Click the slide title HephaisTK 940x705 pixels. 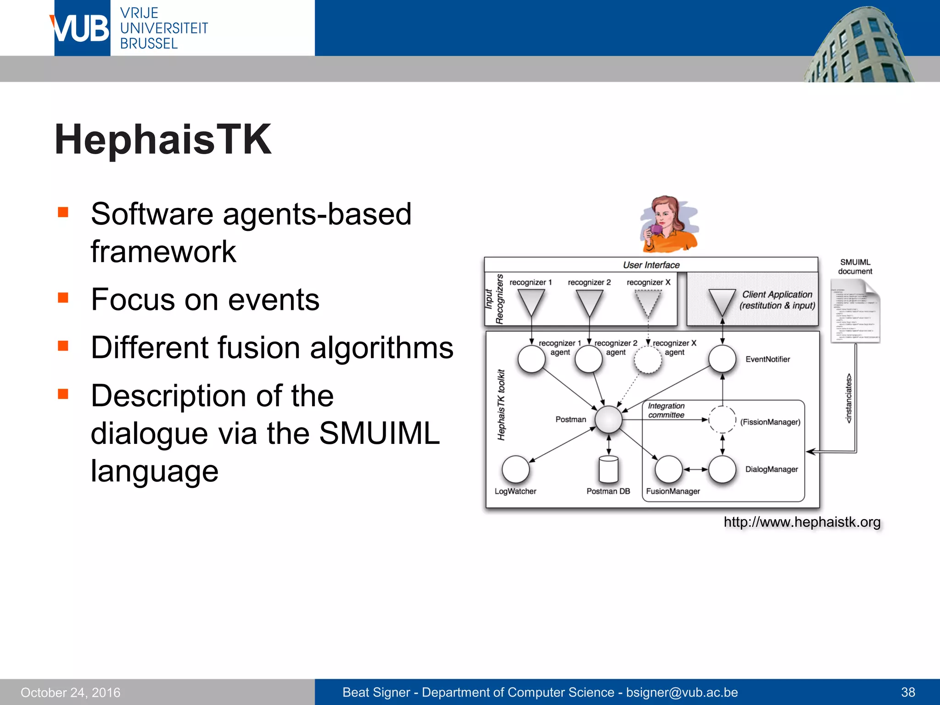coord(163,140)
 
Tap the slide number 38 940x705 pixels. coord(908,692)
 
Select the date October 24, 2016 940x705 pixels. coord(71,692)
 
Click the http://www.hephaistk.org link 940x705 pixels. coord(802,522)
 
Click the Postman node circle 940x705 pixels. coord(609,420)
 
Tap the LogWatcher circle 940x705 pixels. coord(515,469)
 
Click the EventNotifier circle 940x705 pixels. coord(722,359)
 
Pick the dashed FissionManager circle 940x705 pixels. coord(722,420)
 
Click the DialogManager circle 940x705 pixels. coord(722,469)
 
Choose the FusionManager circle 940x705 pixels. coord(668,469)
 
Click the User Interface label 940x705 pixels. coord(651,265)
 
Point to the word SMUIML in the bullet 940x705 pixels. coord(379,433)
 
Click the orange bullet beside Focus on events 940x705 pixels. coord(63,298)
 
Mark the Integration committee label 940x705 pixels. coord(666,410)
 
